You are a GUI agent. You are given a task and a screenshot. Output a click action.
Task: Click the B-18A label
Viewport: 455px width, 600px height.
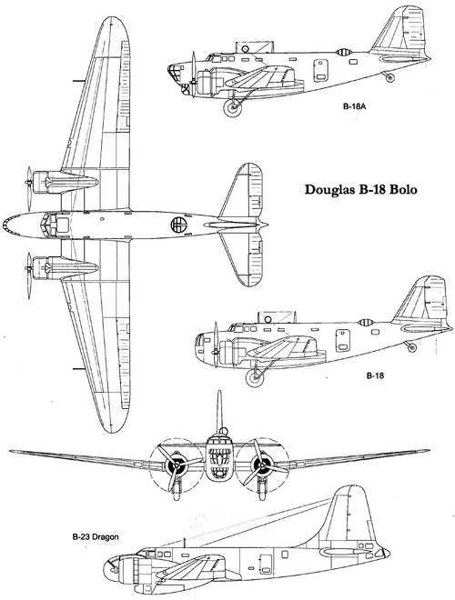[355, 107]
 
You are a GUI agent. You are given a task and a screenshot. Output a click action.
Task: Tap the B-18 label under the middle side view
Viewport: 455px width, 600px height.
[375, 375]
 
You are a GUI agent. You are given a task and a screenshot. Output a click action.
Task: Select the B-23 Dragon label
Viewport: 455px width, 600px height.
[96, 537]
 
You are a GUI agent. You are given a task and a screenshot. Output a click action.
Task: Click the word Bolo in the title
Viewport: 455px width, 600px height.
[403, 190]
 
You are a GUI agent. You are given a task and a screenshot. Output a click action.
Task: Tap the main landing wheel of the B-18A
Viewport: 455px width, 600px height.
[232, 107]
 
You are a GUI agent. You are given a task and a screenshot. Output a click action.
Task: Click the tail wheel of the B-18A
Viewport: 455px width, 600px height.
[389, 77]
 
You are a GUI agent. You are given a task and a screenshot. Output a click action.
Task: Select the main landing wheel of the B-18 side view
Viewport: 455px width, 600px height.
[255, 377]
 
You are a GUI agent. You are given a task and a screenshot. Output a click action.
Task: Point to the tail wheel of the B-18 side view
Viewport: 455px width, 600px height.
[411, 347]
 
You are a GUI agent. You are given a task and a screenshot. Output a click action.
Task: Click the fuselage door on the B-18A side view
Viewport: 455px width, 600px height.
[321, 70]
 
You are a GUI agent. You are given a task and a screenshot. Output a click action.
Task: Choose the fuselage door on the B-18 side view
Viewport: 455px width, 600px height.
[343, 341]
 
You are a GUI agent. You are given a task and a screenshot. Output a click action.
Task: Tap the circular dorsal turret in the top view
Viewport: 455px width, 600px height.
[178, 225]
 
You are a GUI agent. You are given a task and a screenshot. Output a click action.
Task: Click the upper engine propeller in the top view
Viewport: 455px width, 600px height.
[29, 189]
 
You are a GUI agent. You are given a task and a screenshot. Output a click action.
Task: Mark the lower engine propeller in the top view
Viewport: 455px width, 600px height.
[29, 275]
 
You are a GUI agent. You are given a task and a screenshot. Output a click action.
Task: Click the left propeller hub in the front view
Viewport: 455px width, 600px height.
[176, 465]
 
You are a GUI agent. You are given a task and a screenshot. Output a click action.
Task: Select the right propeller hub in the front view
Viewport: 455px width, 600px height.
[262, 465]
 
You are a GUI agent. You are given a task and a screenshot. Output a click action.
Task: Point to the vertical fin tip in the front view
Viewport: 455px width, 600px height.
[219, 392]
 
